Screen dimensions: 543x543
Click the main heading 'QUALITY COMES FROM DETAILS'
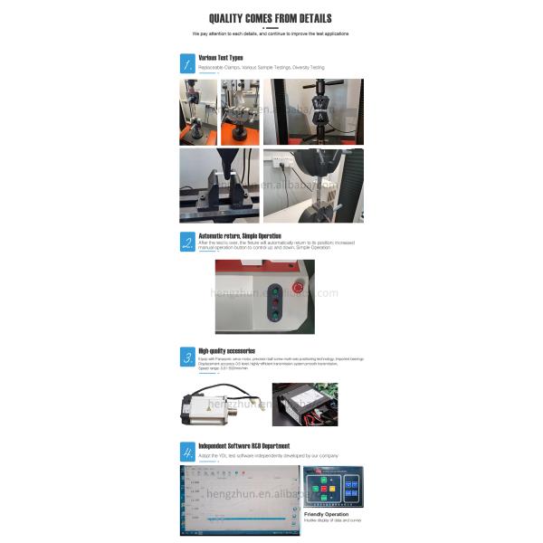point(270,18)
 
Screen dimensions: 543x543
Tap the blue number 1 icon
point(186,63)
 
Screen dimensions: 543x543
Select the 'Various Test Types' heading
point(221,57)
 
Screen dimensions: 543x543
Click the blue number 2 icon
point(186,241)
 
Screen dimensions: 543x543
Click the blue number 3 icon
point(186,356)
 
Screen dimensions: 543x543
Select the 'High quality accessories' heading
point(226,350)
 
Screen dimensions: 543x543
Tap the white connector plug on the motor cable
point(256,399)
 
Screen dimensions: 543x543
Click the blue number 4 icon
point(186,451)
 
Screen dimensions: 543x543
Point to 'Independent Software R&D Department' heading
point(244,445)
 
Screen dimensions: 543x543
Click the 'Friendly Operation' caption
point(325,514)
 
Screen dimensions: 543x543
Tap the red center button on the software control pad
point(323,489)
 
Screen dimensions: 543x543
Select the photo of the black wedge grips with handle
point(314,112)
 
